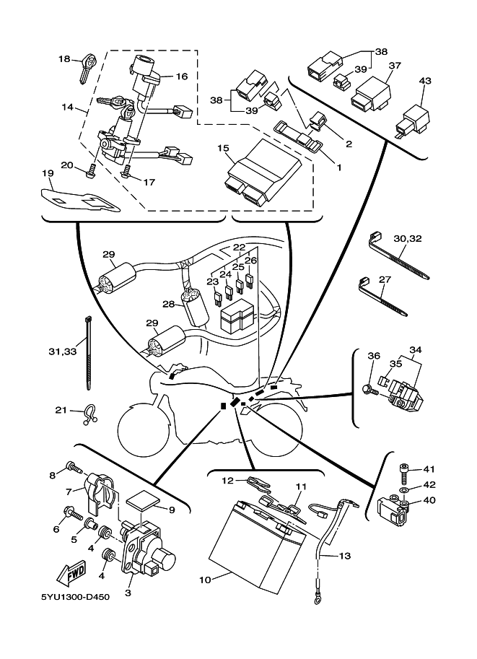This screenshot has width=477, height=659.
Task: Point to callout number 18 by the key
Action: (64, 59)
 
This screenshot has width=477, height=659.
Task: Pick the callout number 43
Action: (425, 82)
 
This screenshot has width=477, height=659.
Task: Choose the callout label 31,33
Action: (62, 352)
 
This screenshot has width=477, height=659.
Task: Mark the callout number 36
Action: (373, 356)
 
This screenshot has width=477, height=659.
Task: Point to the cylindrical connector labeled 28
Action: (193, 307)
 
